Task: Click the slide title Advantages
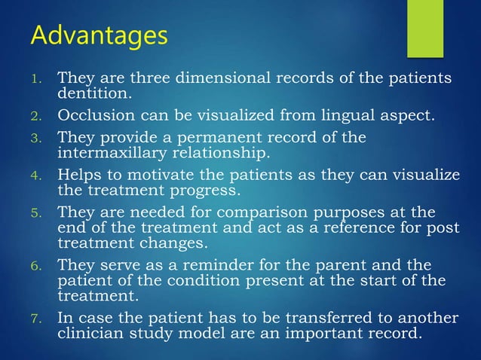(99, 35)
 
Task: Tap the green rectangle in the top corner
(425, 28)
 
